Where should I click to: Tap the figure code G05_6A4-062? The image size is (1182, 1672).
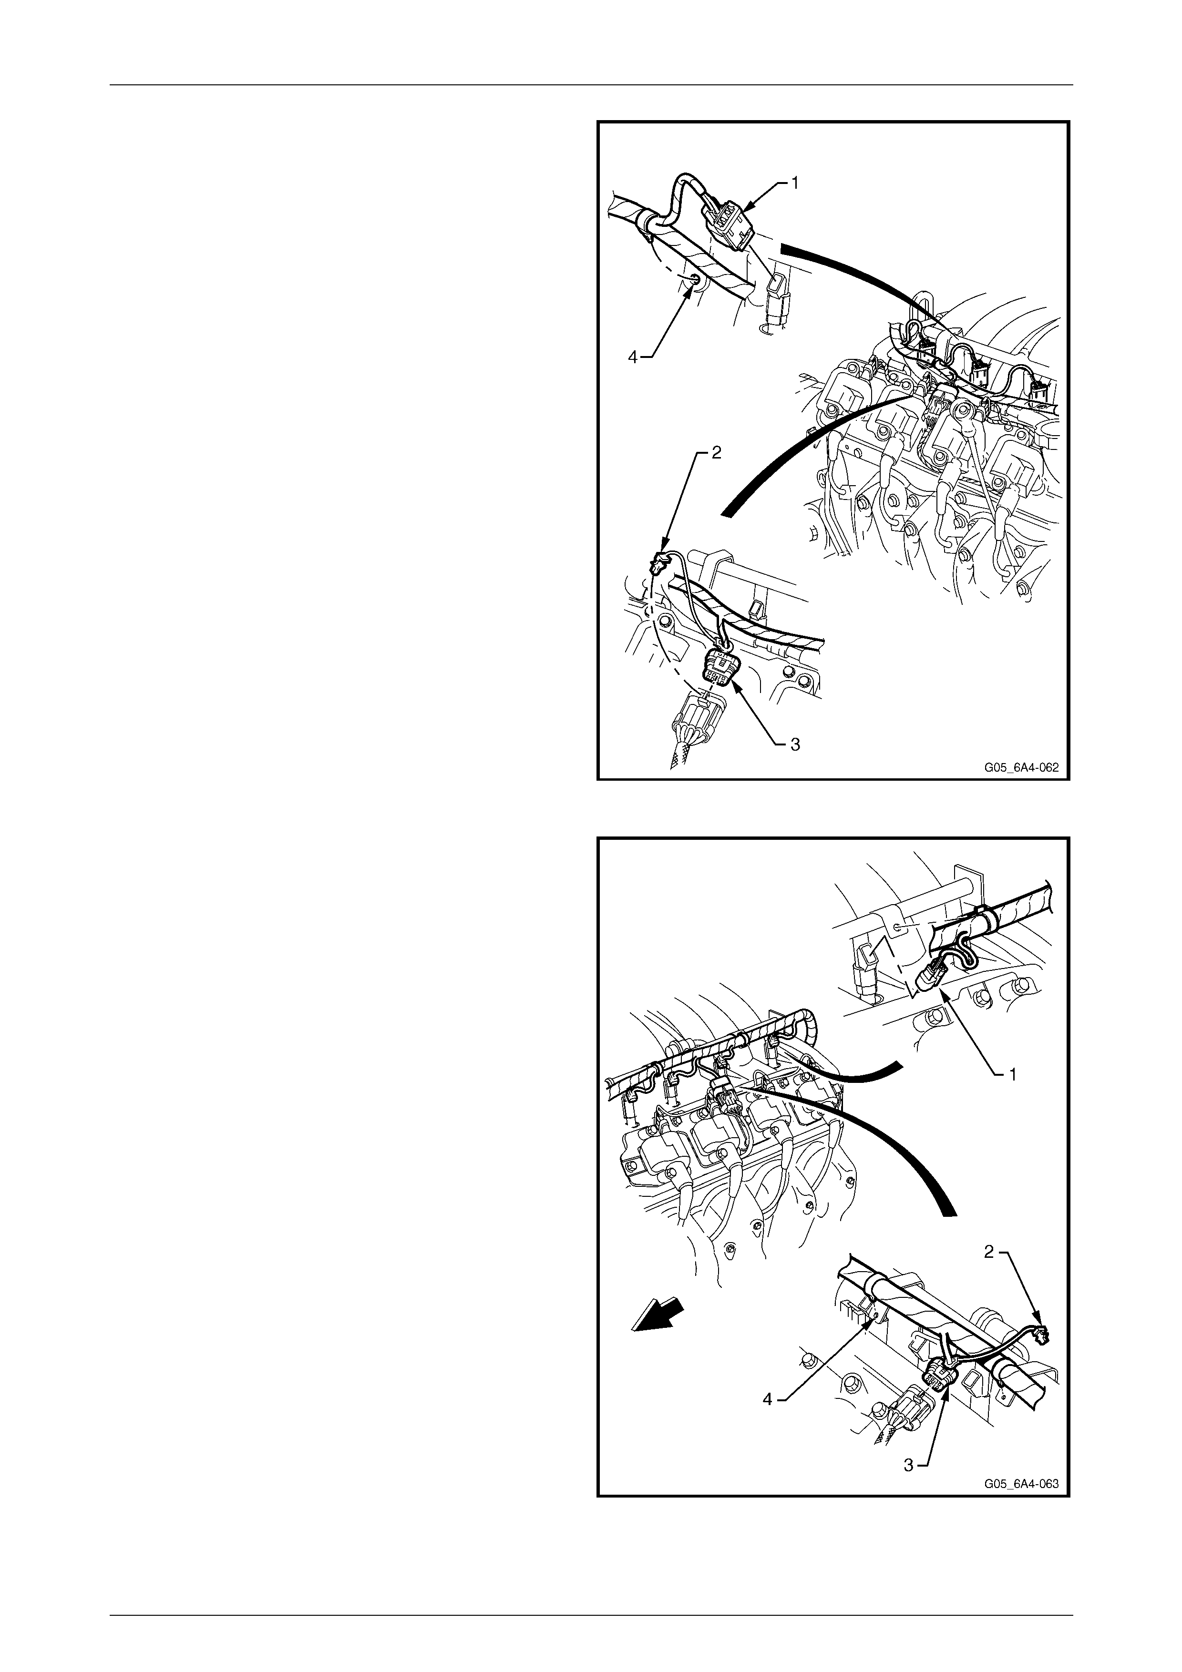point(1021,767)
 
